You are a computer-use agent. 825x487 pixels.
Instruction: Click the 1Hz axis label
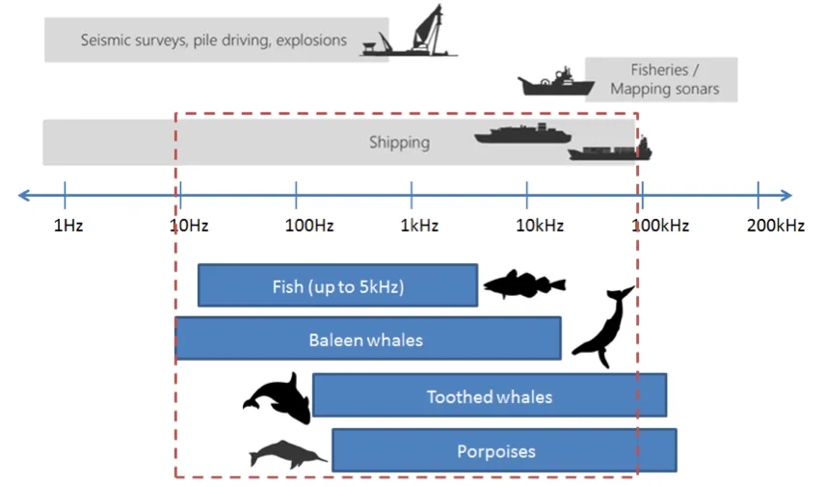[68, 227]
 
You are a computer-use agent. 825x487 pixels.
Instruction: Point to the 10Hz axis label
[188, 227]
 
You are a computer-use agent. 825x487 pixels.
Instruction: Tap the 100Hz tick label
[309, 227]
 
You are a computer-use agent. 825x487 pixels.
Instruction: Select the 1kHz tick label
[419, 227]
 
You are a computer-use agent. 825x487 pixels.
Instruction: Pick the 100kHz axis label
[660, 227]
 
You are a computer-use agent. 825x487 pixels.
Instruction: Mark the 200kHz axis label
[775, 227]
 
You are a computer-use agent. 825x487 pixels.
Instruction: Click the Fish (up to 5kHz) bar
[337, 285]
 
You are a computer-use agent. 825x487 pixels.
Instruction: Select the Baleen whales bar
[367, 339]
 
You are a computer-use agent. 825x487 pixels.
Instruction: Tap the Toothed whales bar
[490, 396]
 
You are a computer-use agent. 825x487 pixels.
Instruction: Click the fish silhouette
[522, 284]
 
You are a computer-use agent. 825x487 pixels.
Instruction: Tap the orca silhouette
[279, 396]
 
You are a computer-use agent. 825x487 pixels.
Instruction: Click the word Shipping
[399, 143]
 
